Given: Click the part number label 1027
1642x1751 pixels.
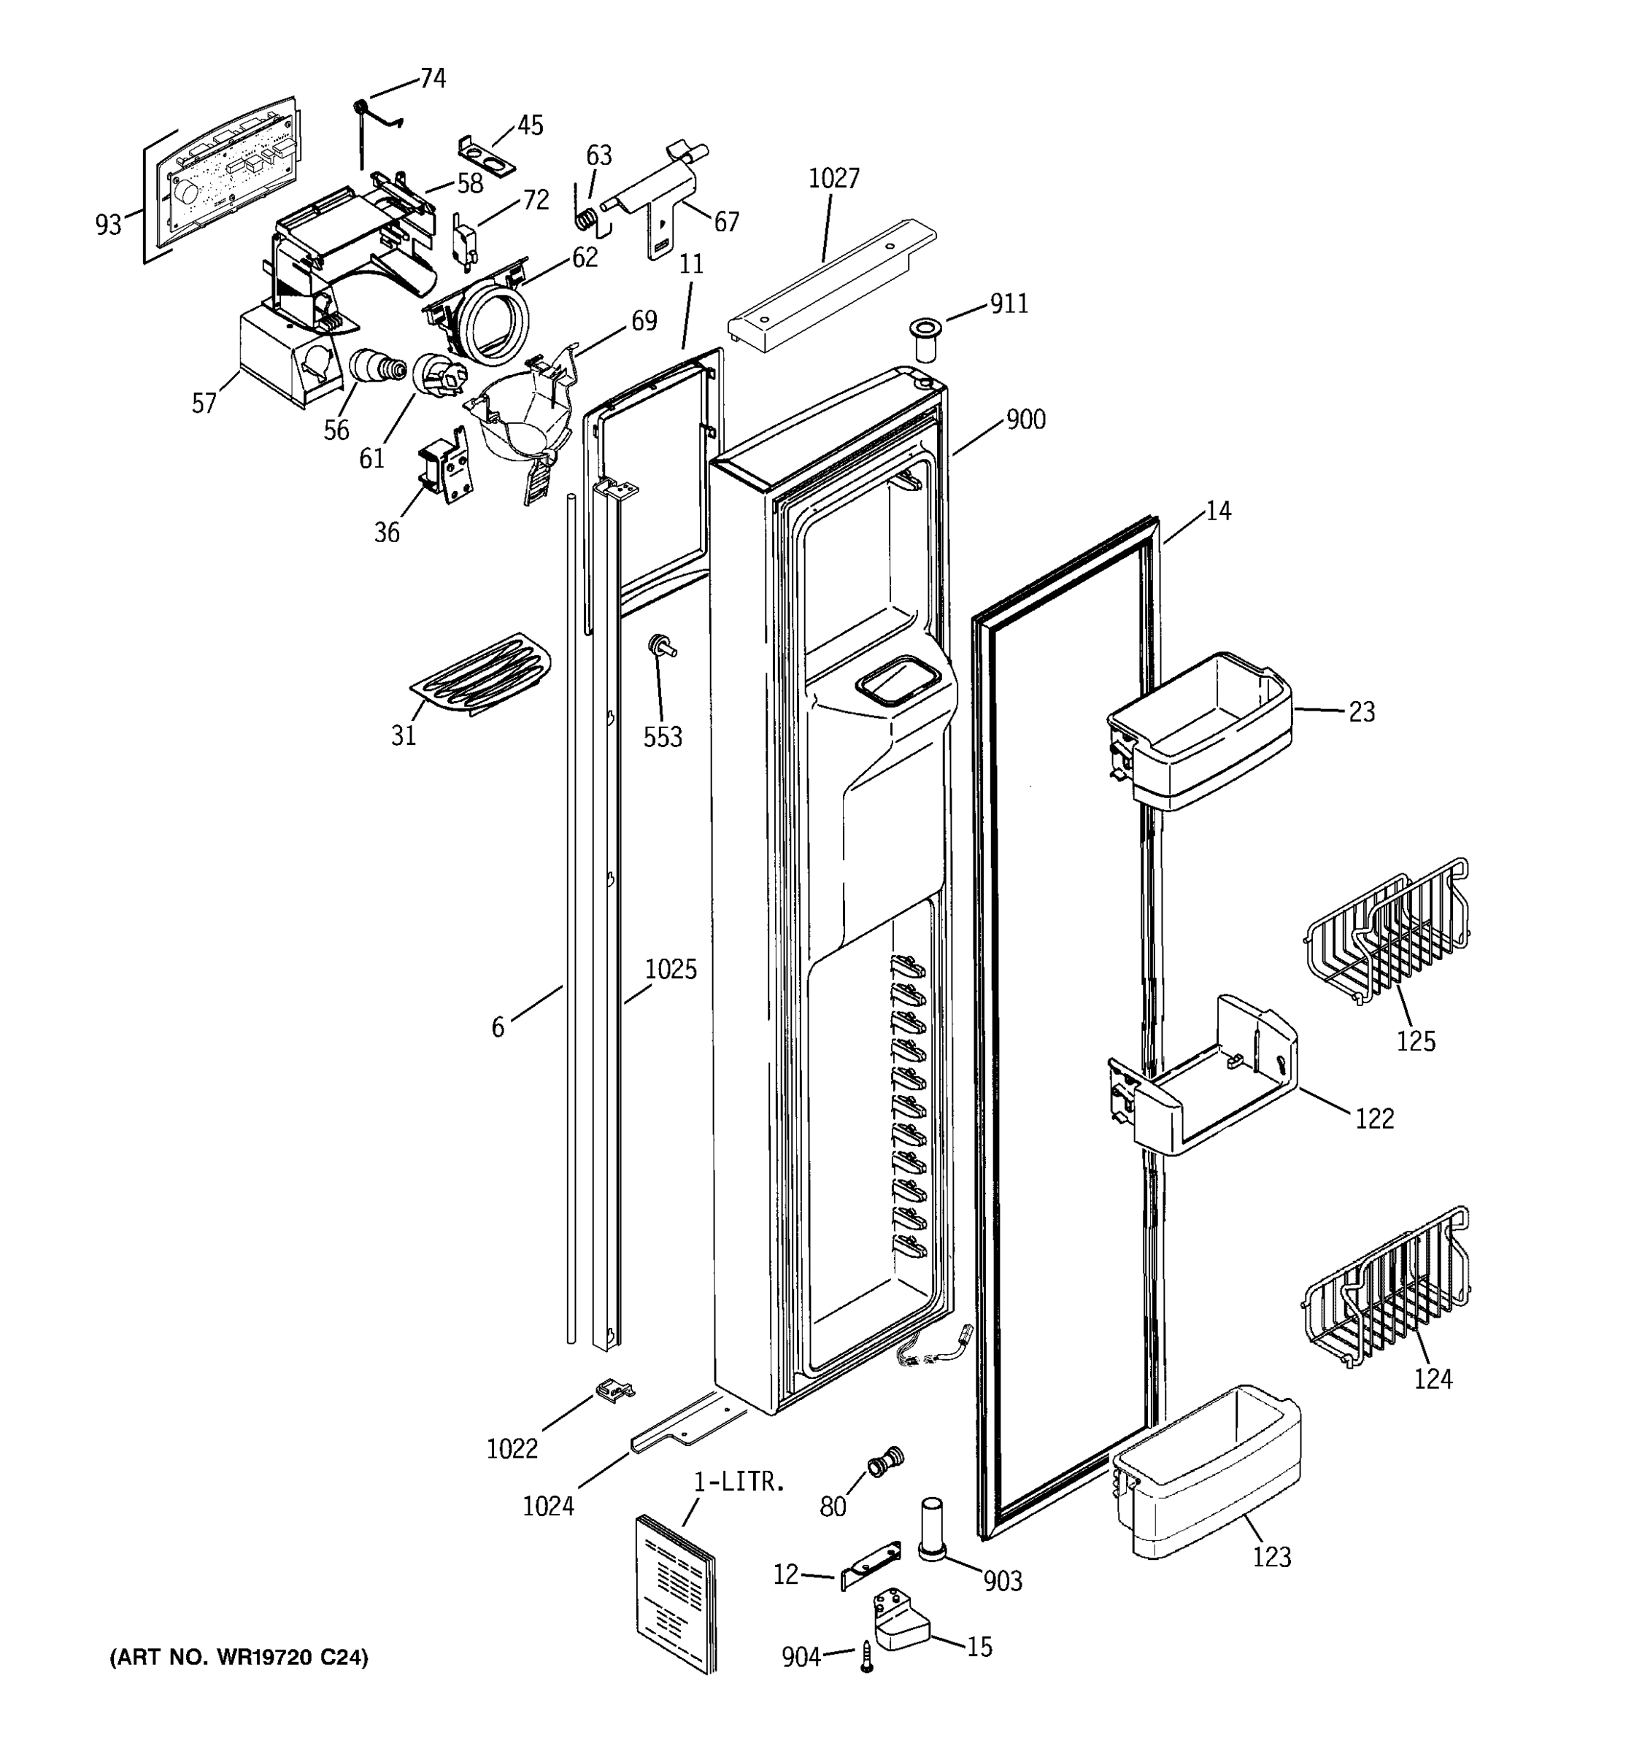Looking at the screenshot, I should click(833, 179).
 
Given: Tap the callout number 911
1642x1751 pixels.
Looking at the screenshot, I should click(1009, 304).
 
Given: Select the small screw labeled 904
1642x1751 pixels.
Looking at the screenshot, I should click(867, 1657).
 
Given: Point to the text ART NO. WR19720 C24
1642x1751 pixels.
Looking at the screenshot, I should click(239, 1657).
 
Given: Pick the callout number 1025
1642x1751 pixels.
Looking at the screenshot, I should click(671, 970).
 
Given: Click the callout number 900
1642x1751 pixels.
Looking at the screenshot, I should click(1025, 420).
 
